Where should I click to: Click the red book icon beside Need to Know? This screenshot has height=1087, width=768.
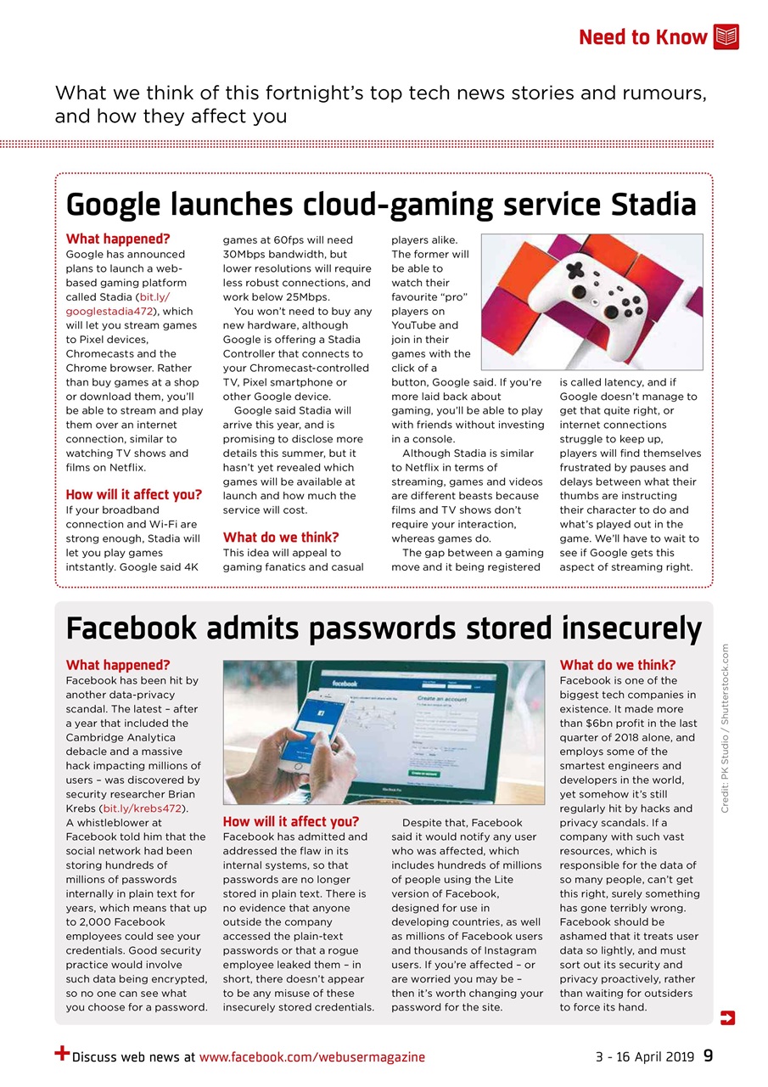[726, 37]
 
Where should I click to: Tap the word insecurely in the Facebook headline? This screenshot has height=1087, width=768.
[631, 628]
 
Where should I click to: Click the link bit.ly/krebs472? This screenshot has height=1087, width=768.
[144, 808]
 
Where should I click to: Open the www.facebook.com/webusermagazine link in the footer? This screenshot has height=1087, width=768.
[311, 1057]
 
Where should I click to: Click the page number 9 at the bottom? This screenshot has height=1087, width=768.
[708, 1056]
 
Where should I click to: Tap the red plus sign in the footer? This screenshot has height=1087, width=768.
[62, 1054]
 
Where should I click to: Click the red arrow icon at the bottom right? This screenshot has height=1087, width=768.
[726, 1017]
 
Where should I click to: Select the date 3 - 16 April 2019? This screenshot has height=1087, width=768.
[644, 1057]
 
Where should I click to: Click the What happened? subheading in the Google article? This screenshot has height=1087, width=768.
[118, 239]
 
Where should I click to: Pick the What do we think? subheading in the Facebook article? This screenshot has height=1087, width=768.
[618, 665]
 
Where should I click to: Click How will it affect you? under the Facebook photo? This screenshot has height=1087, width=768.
[290, 821]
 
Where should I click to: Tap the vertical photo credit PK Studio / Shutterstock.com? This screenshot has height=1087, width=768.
[726, 728]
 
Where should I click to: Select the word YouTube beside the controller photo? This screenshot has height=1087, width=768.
[412, 325]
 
